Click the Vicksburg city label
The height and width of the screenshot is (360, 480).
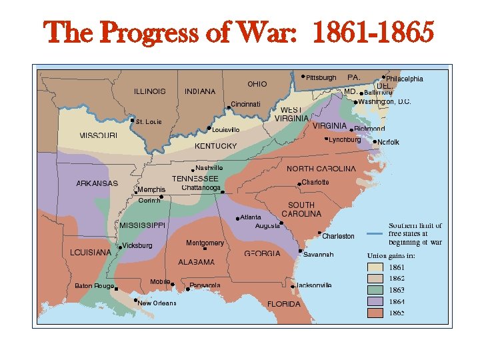click(137, 246)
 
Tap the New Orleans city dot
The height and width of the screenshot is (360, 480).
click(135, 301)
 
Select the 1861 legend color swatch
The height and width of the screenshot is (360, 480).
click(377, 267)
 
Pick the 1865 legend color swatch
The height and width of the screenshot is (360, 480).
click(377, 312)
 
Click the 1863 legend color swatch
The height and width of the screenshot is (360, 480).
click(377, 290)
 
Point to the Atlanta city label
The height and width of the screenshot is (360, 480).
click(251, 217)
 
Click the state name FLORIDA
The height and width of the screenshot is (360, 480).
click(284, 304)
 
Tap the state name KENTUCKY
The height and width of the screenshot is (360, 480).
click(215, 146)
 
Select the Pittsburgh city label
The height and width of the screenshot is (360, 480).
click(321, 78)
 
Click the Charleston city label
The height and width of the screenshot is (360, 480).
click(338, 237)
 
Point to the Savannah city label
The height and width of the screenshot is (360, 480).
click(318, 255)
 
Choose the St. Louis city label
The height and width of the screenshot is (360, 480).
click(149, 122)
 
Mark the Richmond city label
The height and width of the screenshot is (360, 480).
click(369, 129)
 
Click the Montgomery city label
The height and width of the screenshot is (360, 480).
click(205, 243)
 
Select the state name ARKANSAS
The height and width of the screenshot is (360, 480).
click(97, 183)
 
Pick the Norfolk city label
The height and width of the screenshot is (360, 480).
click(388, 143)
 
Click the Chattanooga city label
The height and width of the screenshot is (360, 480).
click(201, 188)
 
